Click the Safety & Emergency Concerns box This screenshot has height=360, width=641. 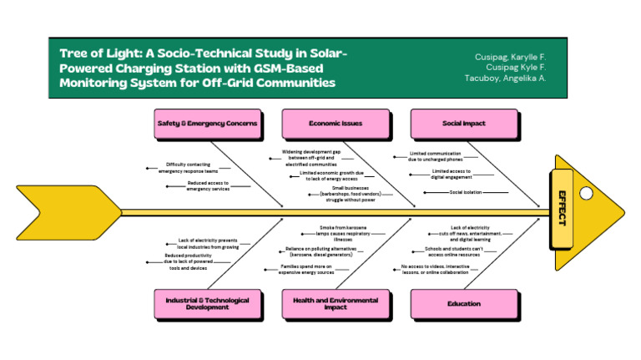coord(207,124)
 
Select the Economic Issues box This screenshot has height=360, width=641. coord(335,124)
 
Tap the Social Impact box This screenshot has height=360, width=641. coord(463,124)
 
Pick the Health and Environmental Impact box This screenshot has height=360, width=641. coord(335,303)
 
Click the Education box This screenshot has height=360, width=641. coord(463,303)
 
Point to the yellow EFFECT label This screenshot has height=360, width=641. coord(561,208)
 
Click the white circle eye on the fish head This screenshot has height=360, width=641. coord(586,193)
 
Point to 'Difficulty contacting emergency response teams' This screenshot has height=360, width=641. coord(188,167)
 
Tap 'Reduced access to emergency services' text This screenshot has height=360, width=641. coord(208,185)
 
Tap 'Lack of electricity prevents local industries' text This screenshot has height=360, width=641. coord(208,243)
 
